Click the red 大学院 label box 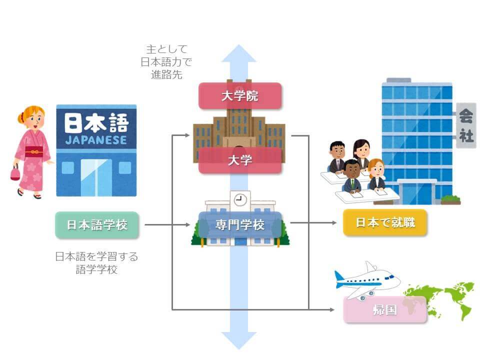coord(240,95)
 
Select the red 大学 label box coord(240,160)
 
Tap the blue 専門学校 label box coord(240,224)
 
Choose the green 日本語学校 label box coord(97,225)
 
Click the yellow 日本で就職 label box coord(385,222)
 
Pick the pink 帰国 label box coord(384,309)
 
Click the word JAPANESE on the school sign coord(96,140)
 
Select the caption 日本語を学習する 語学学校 coord(96,263)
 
